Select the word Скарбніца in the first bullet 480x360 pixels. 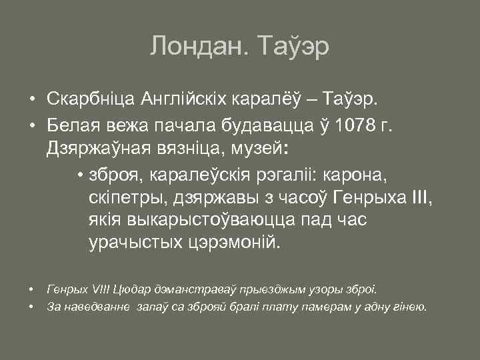(91, 100)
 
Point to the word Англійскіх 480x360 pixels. (184, 100)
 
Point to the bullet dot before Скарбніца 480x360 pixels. (31, 100)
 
